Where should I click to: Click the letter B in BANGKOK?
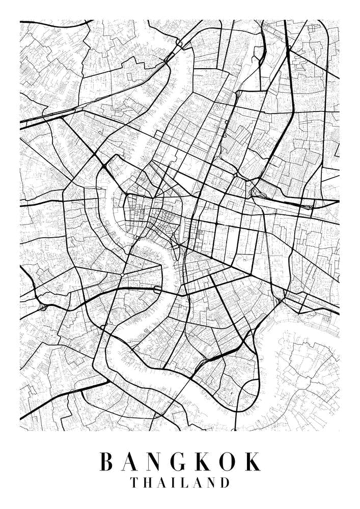pos(106,462)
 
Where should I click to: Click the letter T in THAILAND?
pos(134,483)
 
